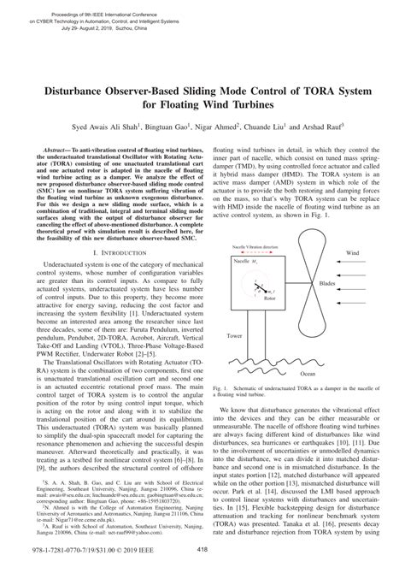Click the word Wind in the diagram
352,253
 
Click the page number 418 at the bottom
202,550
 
